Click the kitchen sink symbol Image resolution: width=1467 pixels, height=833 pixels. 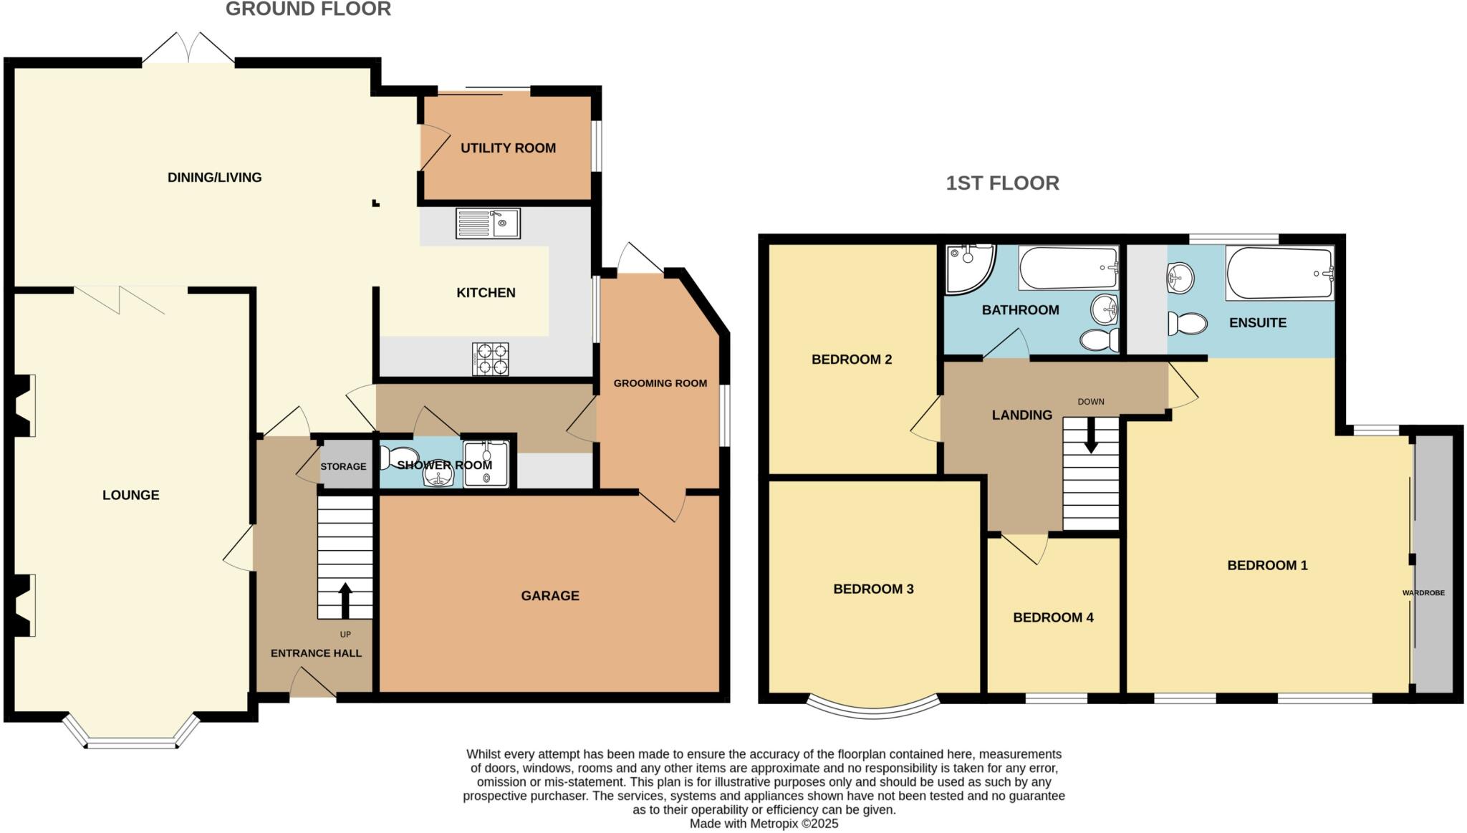[488, 223]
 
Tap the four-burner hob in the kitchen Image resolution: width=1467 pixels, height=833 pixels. [491, 359]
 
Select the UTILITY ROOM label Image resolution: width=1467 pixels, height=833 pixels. [508, 148]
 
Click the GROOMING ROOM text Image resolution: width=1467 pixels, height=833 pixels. [660, 383]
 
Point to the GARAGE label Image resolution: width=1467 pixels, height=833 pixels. [549, 595]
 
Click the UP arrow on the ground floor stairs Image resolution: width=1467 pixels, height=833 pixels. [345, 600]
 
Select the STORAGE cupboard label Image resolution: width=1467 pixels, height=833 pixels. [343, 466]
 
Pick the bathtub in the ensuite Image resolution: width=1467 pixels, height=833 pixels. [1279, 273]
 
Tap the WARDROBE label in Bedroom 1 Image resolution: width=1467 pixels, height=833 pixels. [1423, 593]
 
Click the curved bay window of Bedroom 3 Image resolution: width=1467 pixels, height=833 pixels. [873, 708]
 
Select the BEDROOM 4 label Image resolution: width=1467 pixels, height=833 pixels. [1053, 617]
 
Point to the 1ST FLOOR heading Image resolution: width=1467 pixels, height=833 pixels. [1002, 183]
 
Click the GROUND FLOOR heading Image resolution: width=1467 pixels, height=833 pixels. [308, 9]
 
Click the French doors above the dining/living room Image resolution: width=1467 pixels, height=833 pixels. [188, 50]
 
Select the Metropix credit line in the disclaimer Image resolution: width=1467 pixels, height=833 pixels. [764, 824]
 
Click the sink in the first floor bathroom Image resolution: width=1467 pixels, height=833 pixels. [1105, 310]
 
